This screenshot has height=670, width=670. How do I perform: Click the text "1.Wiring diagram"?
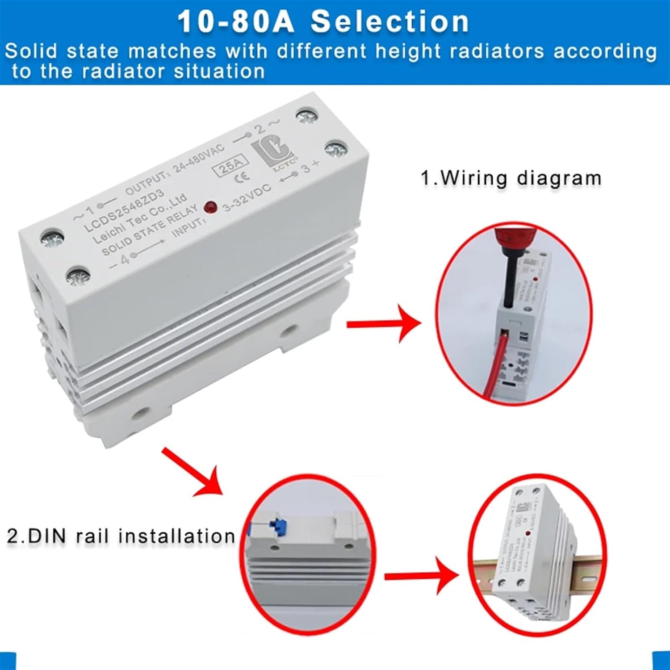511,178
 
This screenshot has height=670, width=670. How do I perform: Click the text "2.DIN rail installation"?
121,536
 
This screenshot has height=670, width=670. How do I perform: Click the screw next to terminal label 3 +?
336,150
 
